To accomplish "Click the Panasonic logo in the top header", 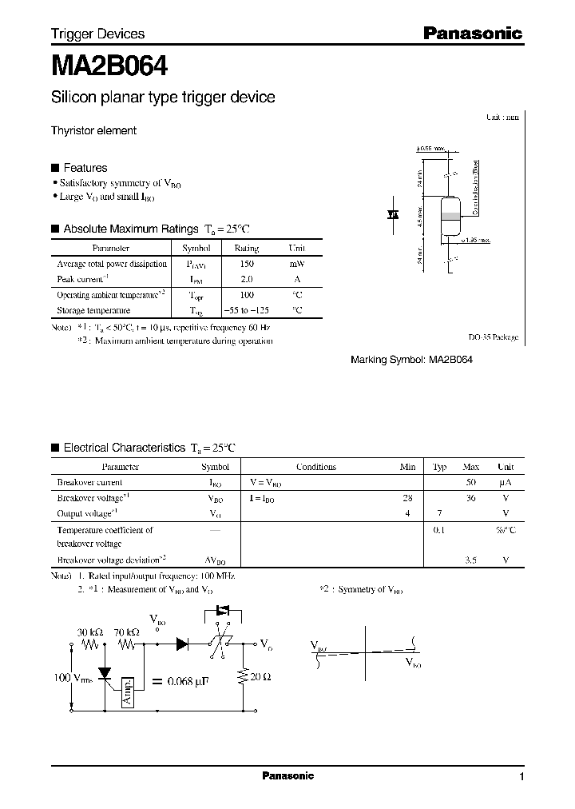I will click(472, 34).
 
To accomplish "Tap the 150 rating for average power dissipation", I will click(246, 264).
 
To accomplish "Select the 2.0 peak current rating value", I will click(246, 280).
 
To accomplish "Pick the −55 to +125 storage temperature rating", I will click(246, 310).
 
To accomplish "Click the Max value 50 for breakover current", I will click(470, 483).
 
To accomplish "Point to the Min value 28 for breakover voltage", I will click(407, 498).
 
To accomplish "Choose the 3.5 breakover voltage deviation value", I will click(470, 560).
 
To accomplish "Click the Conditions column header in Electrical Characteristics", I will click(316, 468).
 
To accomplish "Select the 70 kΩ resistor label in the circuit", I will click(126, 632).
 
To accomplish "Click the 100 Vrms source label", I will click(73, 679).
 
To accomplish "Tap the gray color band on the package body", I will click(451, 216).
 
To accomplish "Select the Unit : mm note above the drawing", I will click(502, 117).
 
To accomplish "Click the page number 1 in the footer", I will click(521, 777).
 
